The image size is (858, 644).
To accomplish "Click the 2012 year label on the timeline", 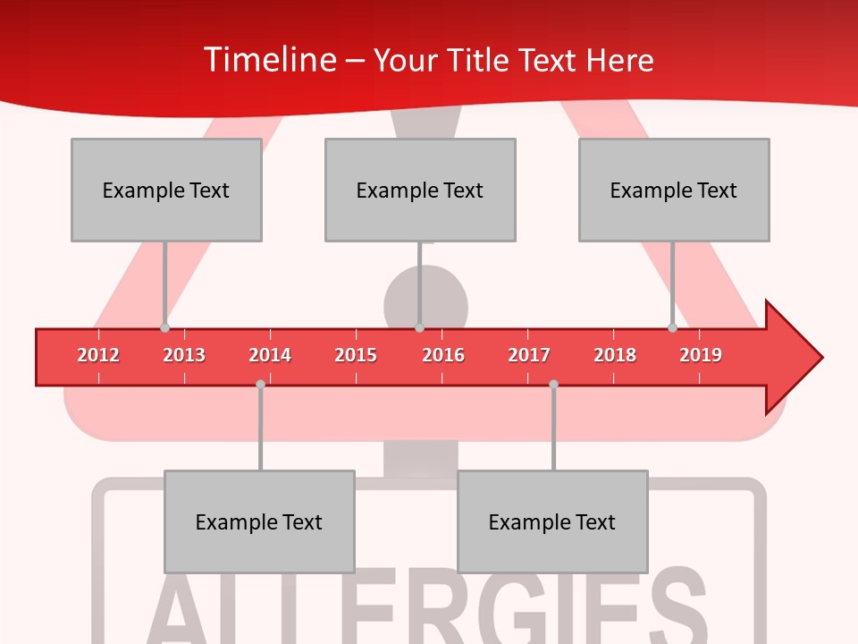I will (x=98, y=355).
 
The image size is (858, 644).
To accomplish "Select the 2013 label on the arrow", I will (x=184, y=355).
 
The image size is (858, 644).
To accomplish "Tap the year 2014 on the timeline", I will (x=270, y=355).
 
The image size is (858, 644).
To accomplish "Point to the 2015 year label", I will (x=356, y=355).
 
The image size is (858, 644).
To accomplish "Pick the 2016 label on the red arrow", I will (x=443, y=355).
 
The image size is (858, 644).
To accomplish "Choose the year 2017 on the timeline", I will (x=529, y=355).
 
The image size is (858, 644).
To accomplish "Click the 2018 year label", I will (x=615, y=355).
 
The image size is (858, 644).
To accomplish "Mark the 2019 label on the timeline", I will (x=701, y=355).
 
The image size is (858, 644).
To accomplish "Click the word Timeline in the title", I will (x=268, y=60).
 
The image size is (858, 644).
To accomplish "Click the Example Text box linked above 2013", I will (x=166, y=190).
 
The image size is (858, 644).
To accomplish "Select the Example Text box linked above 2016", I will (x=420, y=190).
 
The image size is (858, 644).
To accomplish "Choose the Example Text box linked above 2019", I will (x=674, y=190).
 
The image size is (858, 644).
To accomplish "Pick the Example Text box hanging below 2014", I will (x=259, y=521).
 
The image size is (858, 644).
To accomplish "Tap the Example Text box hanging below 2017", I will (x=552, y=521).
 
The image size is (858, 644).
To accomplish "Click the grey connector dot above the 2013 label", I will (x=164, y=328).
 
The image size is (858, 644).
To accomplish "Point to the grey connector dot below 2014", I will (x=260, y=384).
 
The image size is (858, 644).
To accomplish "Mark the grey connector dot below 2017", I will (x=553, y=384).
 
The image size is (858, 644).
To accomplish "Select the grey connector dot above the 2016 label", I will (x=419, y=328).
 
